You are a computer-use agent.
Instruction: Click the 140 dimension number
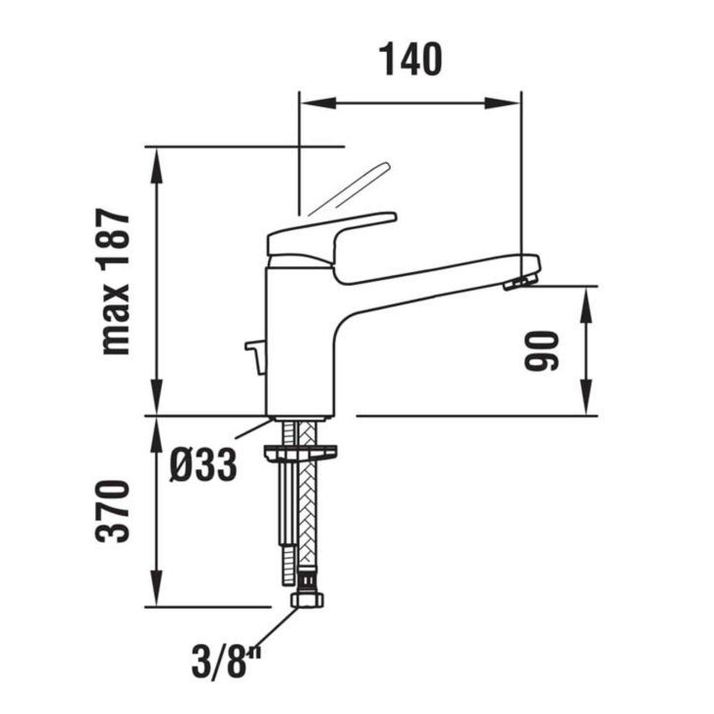click(412, 59)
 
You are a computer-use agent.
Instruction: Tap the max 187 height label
click(115, 282)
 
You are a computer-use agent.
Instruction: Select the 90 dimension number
click(541, 351)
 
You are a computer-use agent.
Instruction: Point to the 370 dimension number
click(113, 511)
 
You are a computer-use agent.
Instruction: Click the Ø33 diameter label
click(203, 465)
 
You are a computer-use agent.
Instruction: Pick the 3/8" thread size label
click(226, 662)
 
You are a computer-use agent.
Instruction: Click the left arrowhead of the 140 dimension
click(318, 103)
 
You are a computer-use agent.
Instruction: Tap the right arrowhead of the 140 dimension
click(502, 103)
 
